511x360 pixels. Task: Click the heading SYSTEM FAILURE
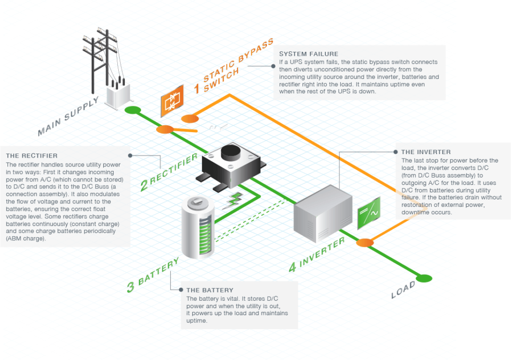tap(308, 54)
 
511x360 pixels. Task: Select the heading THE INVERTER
tap(426, 152)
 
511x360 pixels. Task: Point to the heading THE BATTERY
tap(210, 290)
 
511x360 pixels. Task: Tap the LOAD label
tap(403, 289)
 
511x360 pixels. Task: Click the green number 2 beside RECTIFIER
tap(145, 184)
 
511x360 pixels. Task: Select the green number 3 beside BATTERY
tap(130, 287)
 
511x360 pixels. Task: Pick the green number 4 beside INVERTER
tap(294, 267)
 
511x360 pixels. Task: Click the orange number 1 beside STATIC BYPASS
tap(197, 88)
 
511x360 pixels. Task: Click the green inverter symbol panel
tap(369, 212)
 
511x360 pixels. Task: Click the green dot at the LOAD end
tap(425, 278)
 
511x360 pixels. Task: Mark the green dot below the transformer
tap(132, 110)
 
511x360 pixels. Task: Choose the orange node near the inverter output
tap(365, 243)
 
